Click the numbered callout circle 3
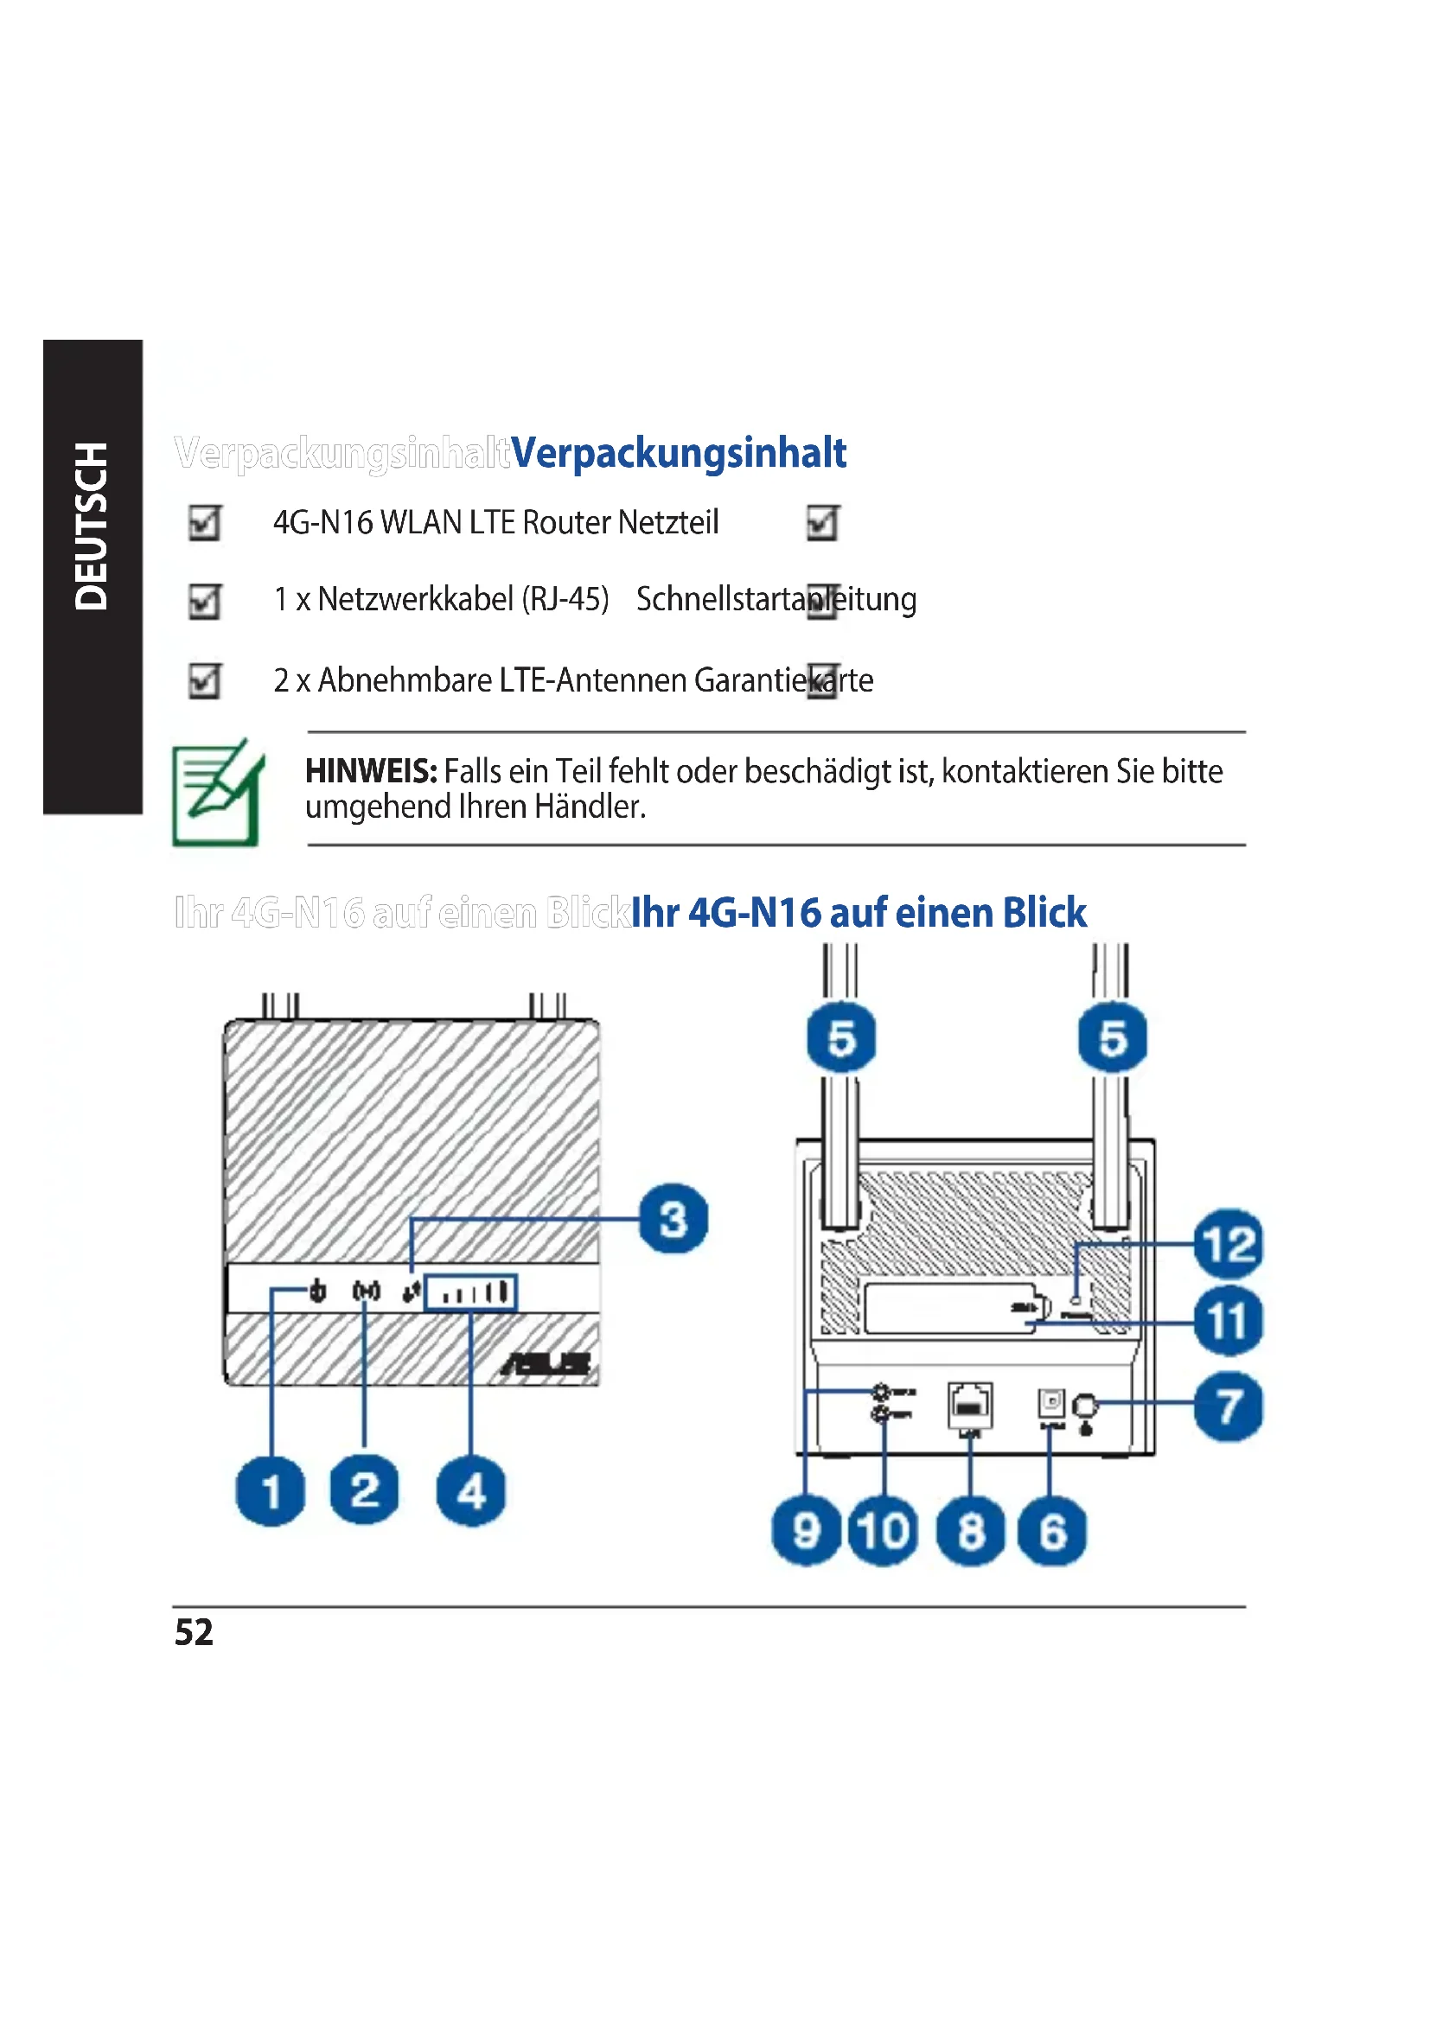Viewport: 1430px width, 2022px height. (674, 1220)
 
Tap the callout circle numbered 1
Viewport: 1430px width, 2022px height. (271, 1492)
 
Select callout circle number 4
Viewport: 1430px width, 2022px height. (471, 1492)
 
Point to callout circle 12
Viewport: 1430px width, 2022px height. (1229, 1244)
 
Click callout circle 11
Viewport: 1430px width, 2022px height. (1229, 1322)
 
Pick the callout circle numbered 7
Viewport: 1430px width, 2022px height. (1229, 1406)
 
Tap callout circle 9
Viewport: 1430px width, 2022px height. (807, 1532)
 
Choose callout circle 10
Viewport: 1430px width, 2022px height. (884, 1532)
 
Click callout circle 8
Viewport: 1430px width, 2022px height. (970, 1532)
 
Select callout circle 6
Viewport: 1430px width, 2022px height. (1051, 1532)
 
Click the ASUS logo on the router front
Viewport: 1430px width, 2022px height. (546, 1364)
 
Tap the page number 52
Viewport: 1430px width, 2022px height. (194, 1632)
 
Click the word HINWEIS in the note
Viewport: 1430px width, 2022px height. (371, 771)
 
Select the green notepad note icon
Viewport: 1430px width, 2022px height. (217, 793)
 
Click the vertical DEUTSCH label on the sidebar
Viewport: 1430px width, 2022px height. (92, 526)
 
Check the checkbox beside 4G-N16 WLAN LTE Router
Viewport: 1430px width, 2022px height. (205, 523)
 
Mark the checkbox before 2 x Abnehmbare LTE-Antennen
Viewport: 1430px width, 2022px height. (205, 679)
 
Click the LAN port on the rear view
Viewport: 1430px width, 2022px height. (969, 1404)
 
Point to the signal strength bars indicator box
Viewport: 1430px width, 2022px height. (470, 1292)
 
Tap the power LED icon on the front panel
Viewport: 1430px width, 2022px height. (318, 1291)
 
